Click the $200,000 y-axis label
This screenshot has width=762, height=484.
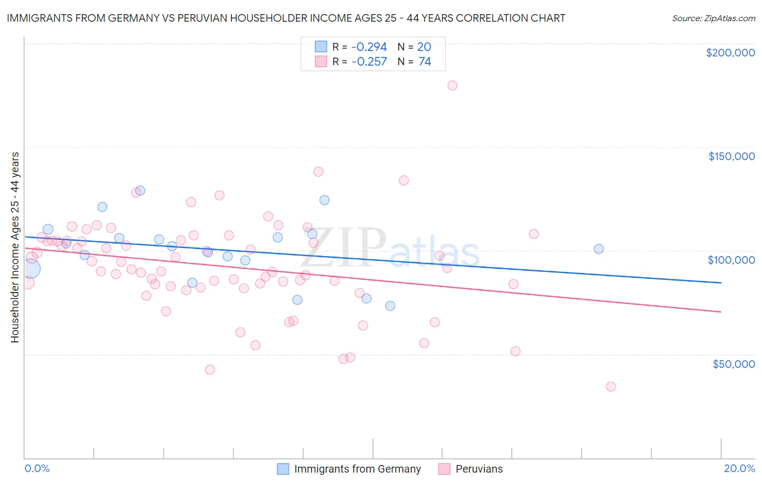tap(730, 53)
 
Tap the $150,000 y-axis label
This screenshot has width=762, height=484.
tap(731, 156)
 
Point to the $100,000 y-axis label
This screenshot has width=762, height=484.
tap(731, 260)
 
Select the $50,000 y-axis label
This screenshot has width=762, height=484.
tap(733, 364)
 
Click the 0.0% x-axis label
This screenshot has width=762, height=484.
tap(37, 468)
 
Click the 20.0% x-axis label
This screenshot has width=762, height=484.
tap(739, 468)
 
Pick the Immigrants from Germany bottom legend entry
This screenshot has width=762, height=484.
tap(357, 469)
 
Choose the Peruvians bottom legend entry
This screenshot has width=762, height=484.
tap(479, 469)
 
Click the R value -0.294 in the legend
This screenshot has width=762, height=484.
tap(369, 47)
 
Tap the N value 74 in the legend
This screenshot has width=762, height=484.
tap(425, 62)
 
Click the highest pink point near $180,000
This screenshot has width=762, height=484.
tap(453, 85)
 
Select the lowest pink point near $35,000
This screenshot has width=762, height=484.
tap(611, 386)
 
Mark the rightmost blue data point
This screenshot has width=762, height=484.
tap(599, 249)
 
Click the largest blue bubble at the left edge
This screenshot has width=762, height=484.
tap(30, 268)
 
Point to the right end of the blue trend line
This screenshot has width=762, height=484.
tap(721, 283)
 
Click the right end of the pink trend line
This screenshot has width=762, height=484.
tap(721, 312)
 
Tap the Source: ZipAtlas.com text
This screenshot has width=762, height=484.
tap(713, 18)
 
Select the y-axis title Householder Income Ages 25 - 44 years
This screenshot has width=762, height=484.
tap(15, 247)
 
